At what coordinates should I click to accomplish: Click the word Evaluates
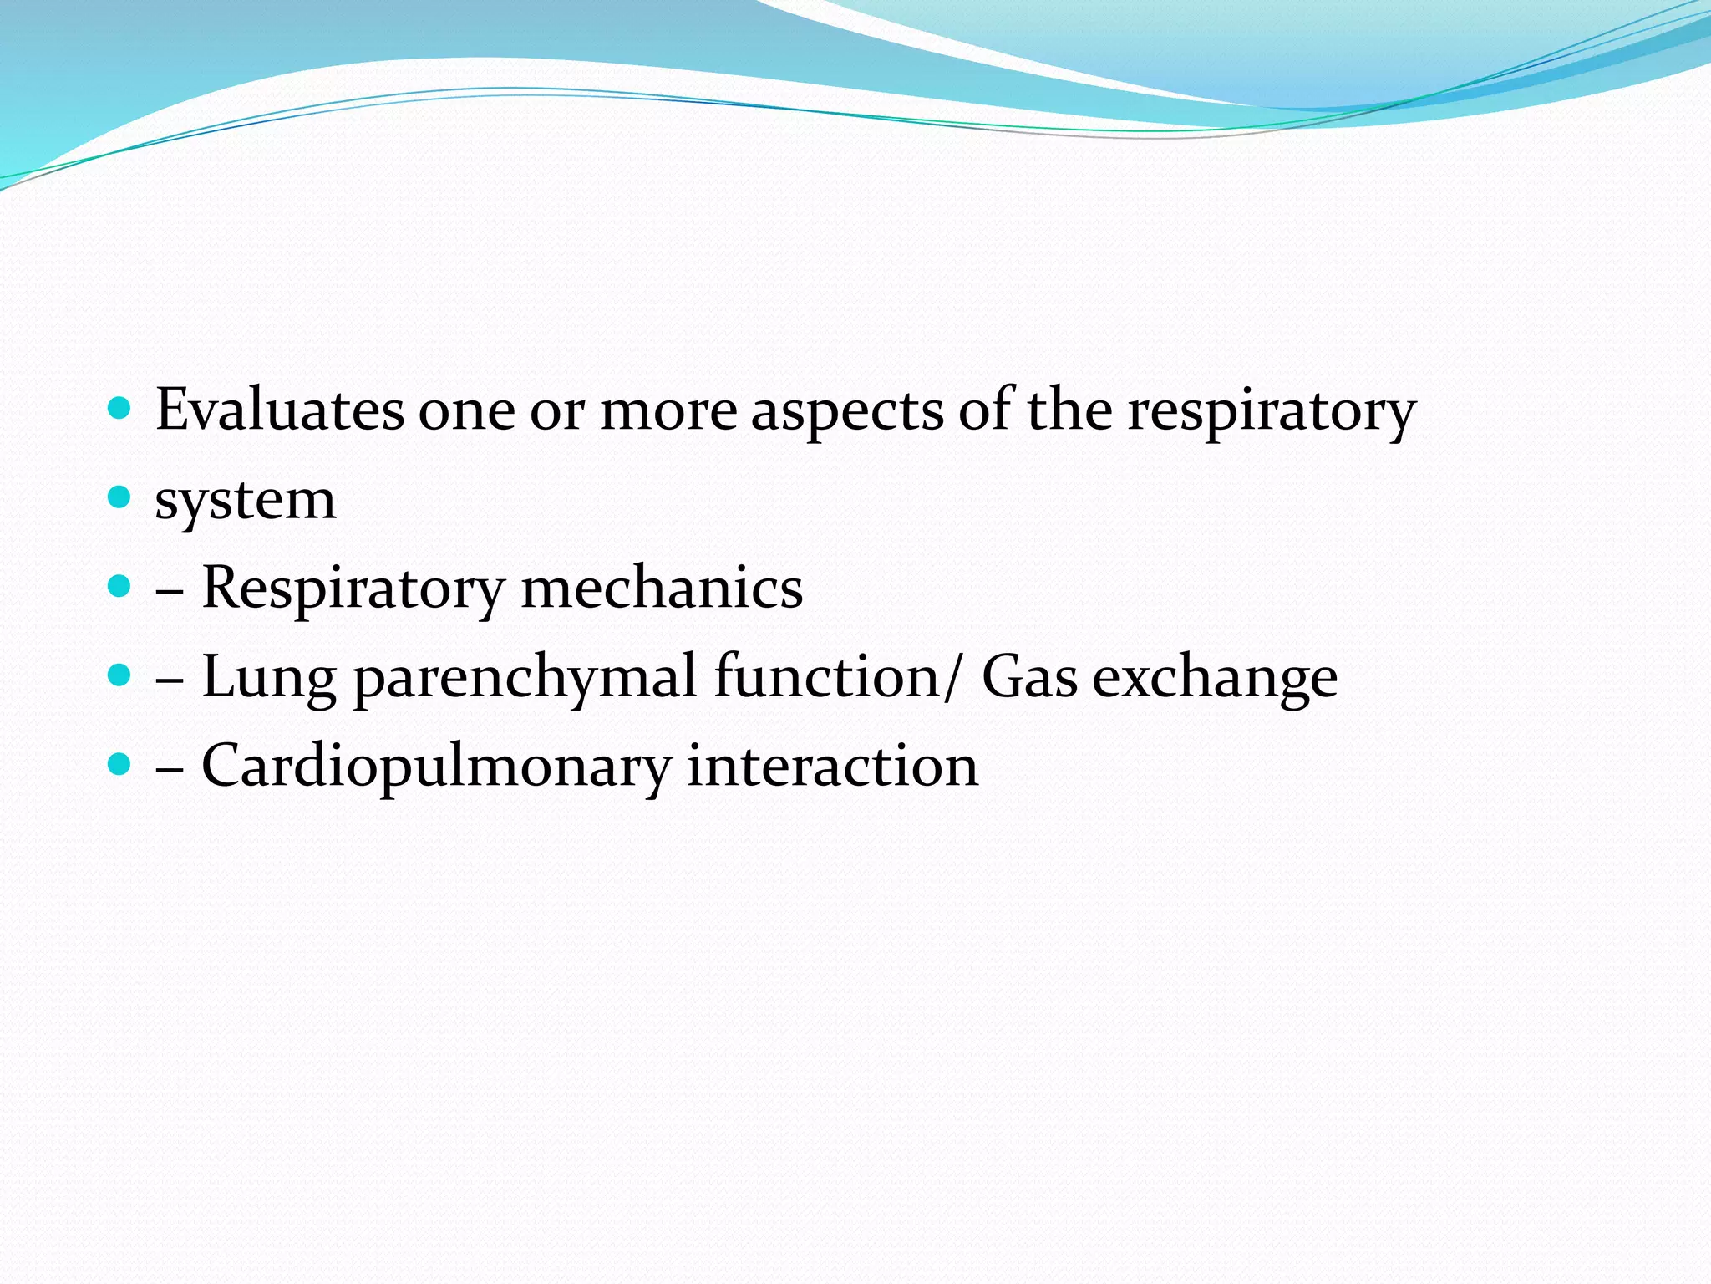pyautogui.click(x=280, y=410)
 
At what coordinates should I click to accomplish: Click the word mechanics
pyautogui.click(x=662, y=587)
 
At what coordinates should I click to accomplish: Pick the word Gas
pyautogui.click(x=1029, y=676)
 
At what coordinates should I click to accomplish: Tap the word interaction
pyautogui.click(x=832, y=766)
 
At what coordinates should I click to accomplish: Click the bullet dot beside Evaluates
pyautogui.click(x=120, y=408)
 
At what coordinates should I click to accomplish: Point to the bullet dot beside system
pyautogui.click(x=120, y=498)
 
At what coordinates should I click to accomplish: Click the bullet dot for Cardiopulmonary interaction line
pyautogui.click(x=120, y=763)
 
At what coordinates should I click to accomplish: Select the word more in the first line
pyautogui.click(x=668, y=411)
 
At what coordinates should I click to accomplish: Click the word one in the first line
pyautogui.click(x=466, y=411)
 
